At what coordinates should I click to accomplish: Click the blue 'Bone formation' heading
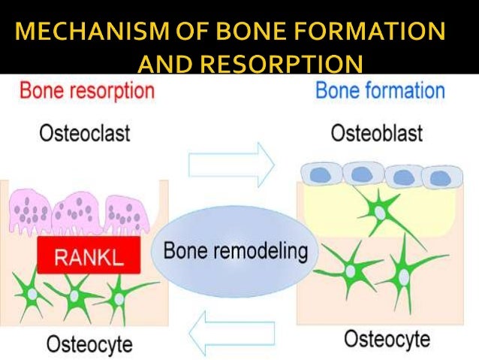pos(380,91)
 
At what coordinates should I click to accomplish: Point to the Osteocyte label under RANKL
pos(89,343)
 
